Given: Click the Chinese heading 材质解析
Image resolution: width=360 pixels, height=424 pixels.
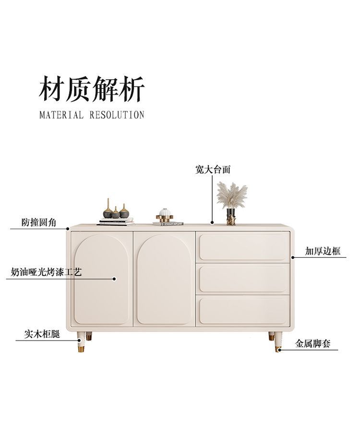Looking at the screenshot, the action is [x=91, y=89].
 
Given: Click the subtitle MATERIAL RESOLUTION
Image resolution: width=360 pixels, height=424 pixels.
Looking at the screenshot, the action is [x=91, y=115].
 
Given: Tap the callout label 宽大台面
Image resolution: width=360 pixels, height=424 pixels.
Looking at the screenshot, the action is [x=213, y=170].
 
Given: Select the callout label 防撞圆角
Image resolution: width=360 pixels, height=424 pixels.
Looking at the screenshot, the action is [x=39, y=222].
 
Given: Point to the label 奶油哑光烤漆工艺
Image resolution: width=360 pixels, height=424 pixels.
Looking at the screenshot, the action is [x=47, y=272].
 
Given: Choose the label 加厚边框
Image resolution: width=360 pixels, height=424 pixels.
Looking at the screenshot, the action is [x=323, y=251].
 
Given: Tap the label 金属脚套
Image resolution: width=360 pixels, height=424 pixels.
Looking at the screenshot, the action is [x=312, y=344].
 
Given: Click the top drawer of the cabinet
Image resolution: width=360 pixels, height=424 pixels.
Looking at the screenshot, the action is [x=244, y=247].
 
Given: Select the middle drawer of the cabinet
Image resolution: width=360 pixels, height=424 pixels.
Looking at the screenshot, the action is [x=244, y=279].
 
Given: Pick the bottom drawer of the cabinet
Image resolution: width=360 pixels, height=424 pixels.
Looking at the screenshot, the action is [x=244, y=311].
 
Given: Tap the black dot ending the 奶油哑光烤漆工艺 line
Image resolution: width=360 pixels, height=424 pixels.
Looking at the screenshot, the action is [x=114, y=279].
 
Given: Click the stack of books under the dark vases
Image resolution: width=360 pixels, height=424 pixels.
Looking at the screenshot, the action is [x=116, y=221].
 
